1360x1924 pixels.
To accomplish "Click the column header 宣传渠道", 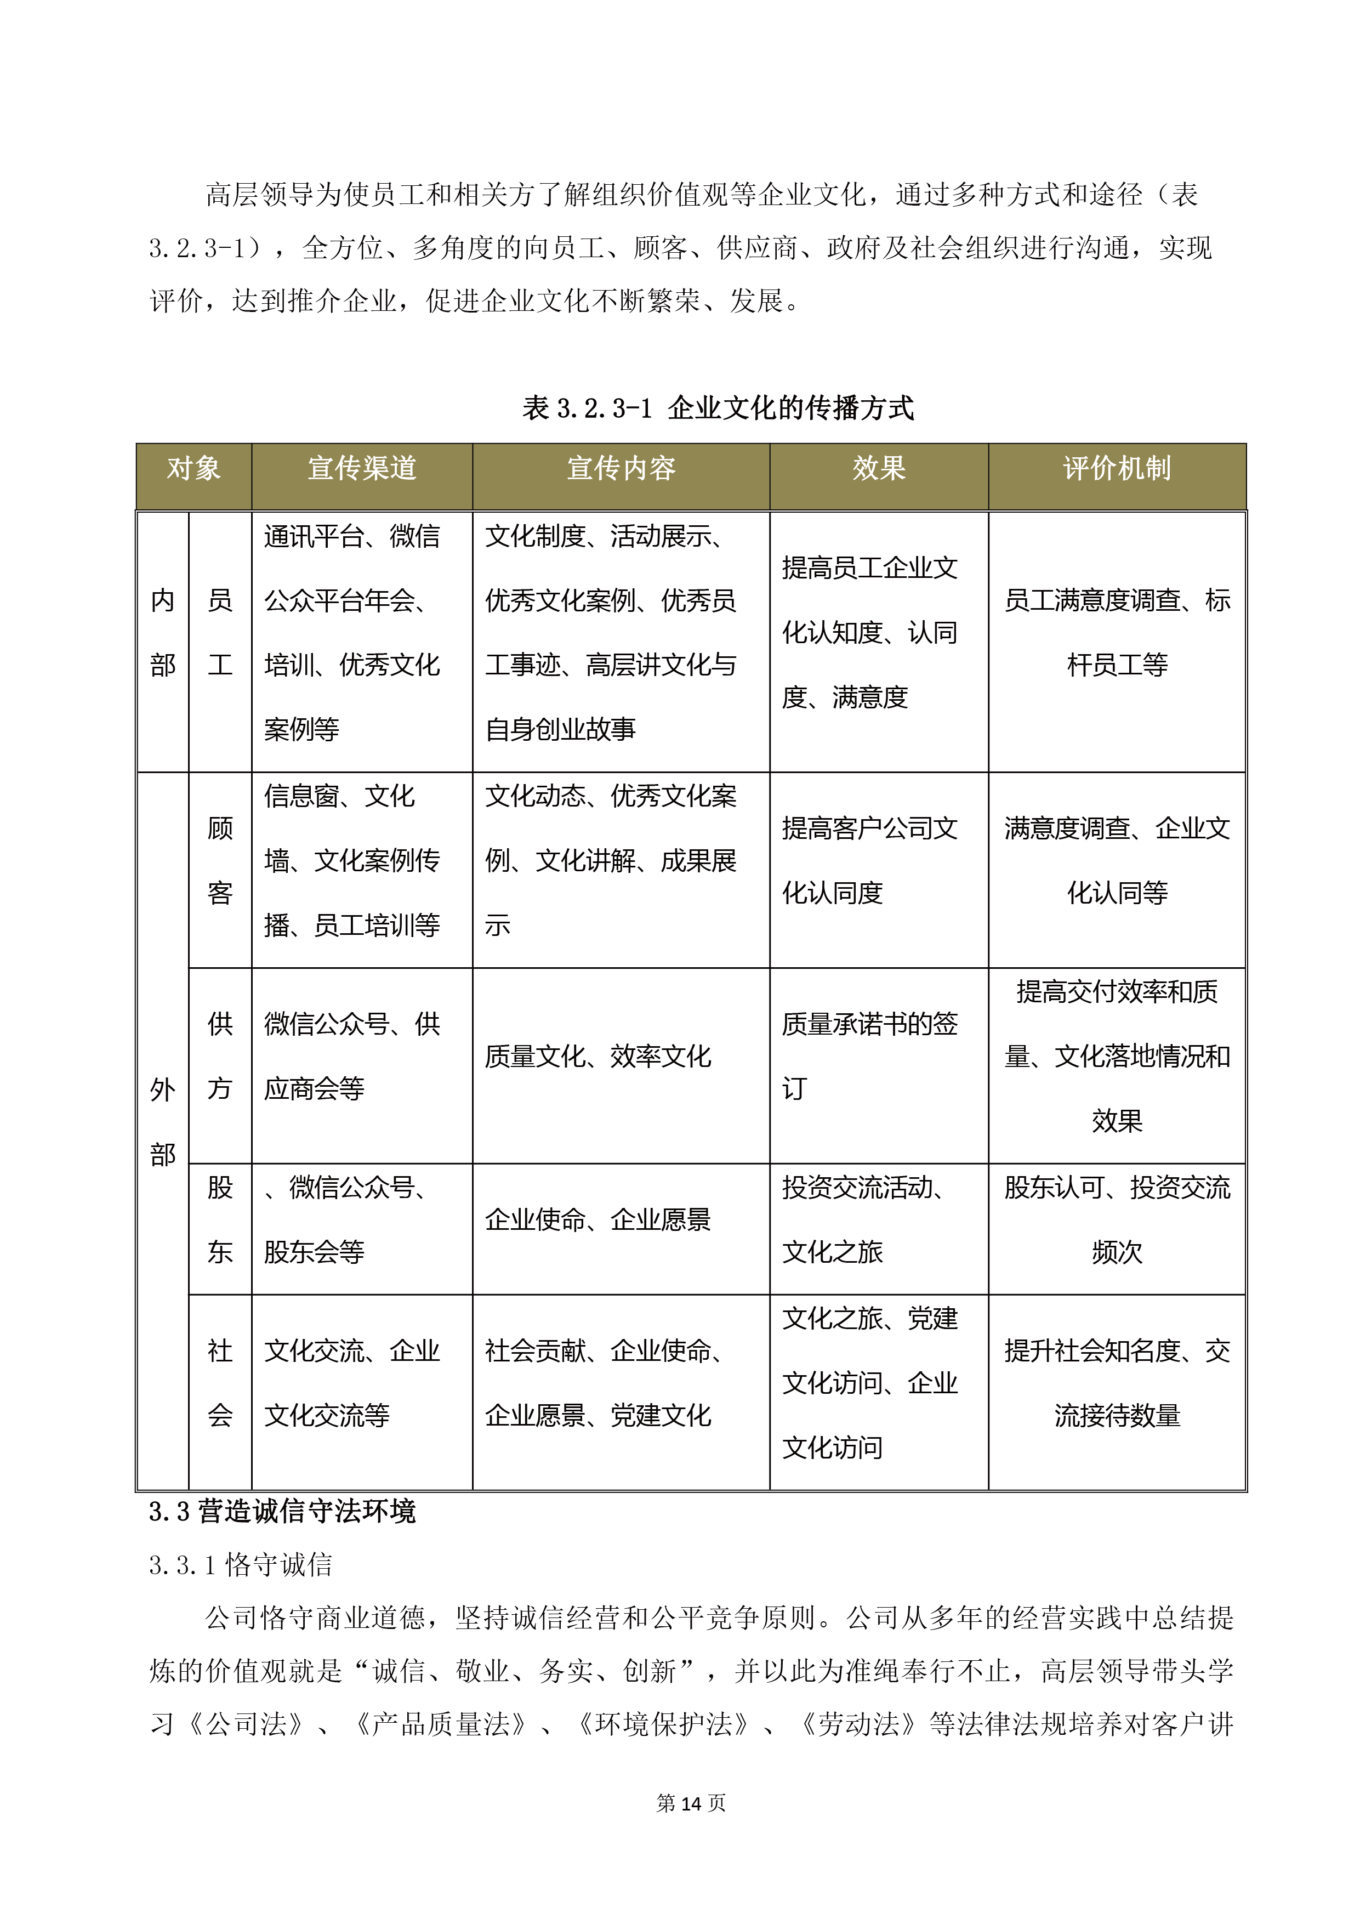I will (361, 468).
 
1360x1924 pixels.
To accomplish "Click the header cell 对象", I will (194, 468).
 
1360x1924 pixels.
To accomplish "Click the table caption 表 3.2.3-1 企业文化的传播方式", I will (718, 408).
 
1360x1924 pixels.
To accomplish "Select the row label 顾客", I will (220, 861).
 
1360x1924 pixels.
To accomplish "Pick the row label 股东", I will (220, 1219).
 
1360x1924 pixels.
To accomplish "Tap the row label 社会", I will (220, 1383).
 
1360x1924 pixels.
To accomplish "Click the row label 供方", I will (220, 1056).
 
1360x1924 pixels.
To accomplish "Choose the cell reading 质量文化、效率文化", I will (598, 1056).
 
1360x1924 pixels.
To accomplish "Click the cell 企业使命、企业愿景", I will (598, 1219).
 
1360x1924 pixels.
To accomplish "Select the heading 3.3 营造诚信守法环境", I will (282, 1511).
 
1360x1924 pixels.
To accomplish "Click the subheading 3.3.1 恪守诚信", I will (241, 1564).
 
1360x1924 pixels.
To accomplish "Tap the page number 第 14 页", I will (691, 1802).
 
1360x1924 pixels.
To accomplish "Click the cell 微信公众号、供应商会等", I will (351, 1056).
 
